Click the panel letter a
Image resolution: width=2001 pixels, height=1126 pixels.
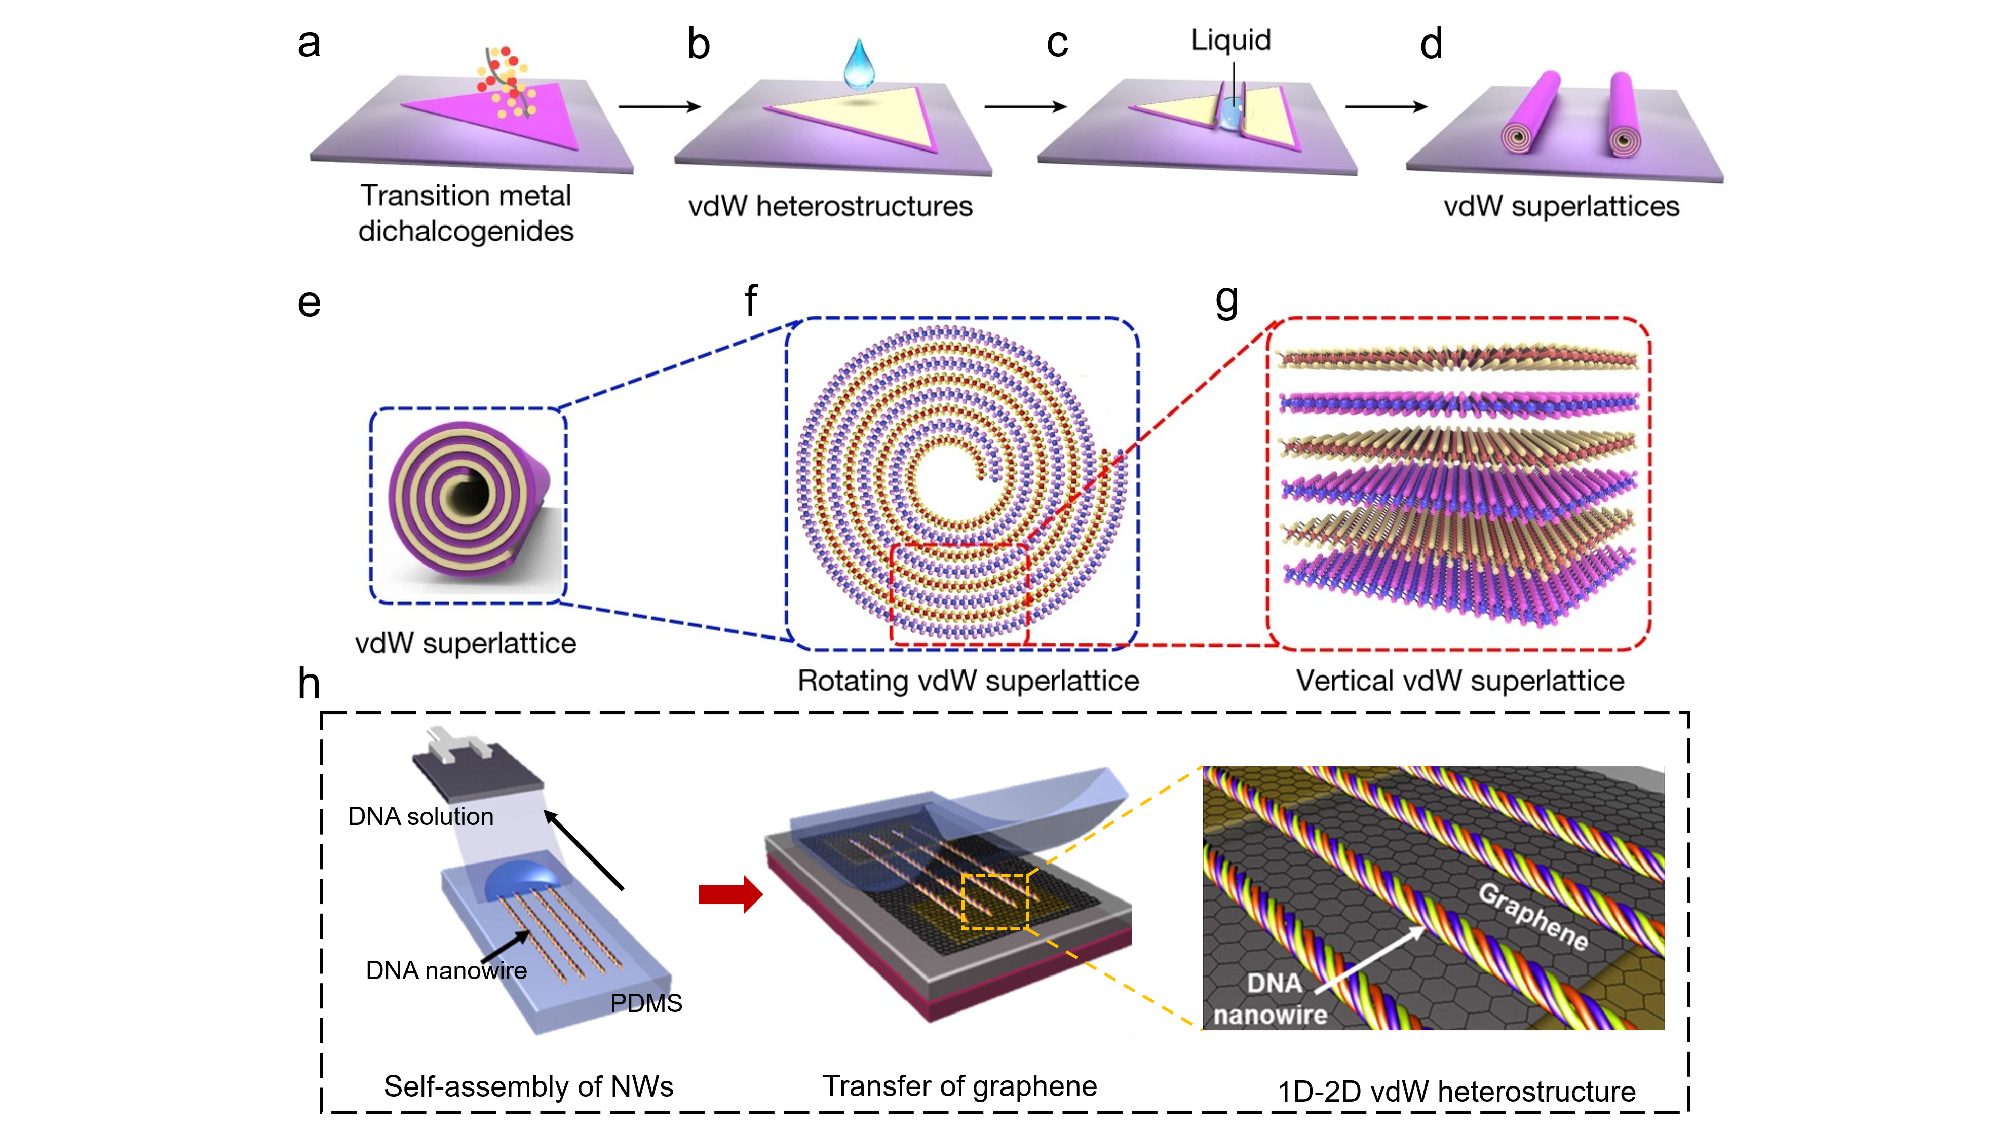click(x=309, y=44)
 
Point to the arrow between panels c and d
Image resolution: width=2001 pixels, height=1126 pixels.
click(x=1386, y=106)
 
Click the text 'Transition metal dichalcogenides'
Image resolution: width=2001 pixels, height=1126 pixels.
click(x=465, y=213)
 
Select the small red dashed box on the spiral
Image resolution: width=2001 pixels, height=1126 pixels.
click(x=959, y=594)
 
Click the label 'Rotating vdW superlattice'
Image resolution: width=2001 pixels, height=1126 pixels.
click(x=968, y=681)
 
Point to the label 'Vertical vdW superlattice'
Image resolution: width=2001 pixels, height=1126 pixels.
click(x=1459, y=681)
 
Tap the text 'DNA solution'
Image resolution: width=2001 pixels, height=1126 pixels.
click(x=420, y=817)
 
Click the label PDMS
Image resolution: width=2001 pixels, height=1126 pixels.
click(x=645, y=1003)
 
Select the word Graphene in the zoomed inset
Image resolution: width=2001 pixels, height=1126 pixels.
click(x=1532, y=917)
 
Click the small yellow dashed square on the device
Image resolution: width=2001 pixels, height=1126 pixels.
click(x=994, y=902)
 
